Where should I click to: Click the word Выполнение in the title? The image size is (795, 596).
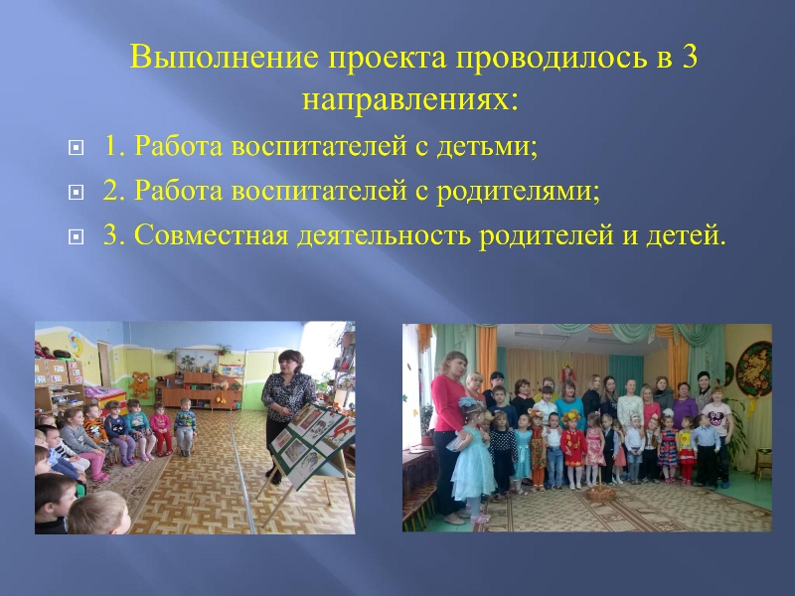225,57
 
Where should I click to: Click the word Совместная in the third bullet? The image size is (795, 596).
211,235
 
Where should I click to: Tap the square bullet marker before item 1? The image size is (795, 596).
76,147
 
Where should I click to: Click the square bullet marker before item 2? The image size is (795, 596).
76,192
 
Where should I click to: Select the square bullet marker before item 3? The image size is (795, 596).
76,236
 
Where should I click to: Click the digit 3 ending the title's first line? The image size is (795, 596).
689,57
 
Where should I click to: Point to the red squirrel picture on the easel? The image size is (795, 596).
343,429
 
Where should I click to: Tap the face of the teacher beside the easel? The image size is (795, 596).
289,364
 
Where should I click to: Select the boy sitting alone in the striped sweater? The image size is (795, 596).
185,426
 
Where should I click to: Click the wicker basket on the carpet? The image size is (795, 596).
601,492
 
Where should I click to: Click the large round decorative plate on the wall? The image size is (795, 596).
753,370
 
